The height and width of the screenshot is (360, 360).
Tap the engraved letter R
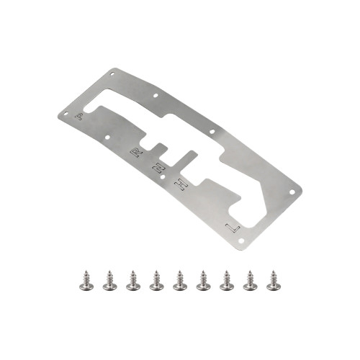click(135, 153)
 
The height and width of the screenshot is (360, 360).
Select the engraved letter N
click(158, 169)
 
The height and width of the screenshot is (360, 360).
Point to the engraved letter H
click(183, 186)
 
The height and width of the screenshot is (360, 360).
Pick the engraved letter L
click(231, 228)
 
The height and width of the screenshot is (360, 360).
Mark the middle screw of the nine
click(180, 282)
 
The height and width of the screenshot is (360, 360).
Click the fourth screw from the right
click(203, 282)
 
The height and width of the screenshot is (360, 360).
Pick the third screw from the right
click(226, 282)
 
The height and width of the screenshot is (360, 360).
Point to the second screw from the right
click(249, 282)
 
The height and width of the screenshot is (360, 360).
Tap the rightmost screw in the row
click(272, 282)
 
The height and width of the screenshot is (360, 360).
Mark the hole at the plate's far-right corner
click(291, 192)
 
